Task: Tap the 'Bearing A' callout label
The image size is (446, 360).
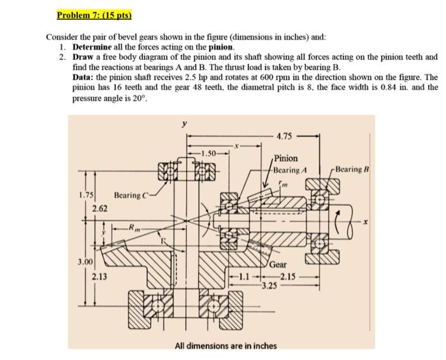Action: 290,169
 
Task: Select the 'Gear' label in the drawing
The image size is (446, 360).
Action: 278,264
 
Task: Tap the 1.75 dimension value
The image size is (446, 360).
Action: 86,194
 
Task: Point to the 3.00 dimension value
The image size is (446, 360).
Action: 85,262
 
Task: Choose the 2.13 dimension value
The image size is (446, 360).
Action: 99,276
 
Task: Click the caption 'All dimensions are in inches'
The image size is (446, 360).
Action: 226,345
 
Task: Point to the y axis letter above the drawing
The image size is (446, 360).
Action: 185,125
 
